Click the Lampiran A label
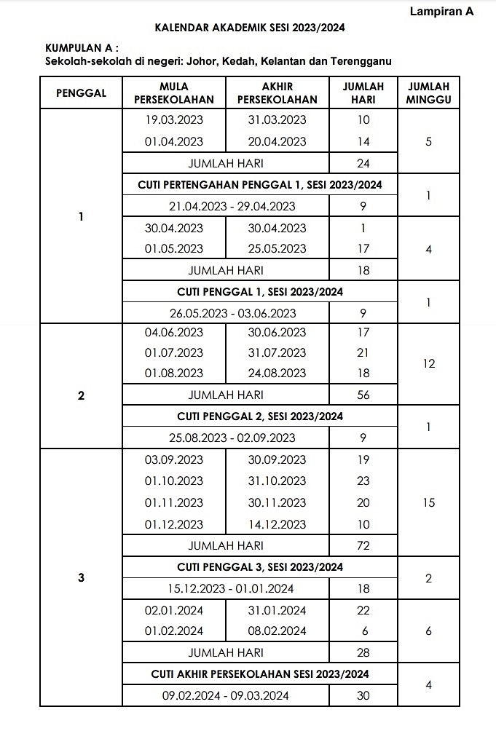click(x=441, y=12)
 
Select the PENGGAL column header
click(x=81, y=92)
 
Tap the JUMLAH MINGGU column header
click(x=428, y=92)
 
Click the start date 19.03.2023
click(x=174, y=120)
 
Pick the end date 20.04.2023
click(x=277, y=141)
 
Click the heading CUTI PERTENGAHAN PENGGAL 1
click(x=259, y=185)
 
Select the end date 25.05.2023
click(x=277, y=248)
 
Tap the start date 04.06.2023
click(x=174, y=333)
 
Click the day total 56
click(x=363, y=395)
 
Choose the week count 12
click(x=428, y=363)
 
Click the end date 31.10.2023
click(x=277, y=481)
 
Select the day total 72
click(x=363, y=545)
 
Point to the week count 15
click(x=428, y=502)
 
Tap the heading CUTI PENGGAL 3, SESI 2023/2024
click(x=259, y=567)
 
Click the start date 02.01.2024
click(x=174, y=610)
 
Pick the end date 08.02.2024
click(x=277, y=631)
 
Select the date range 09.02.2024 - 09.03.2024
click(x=225, y=695)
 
